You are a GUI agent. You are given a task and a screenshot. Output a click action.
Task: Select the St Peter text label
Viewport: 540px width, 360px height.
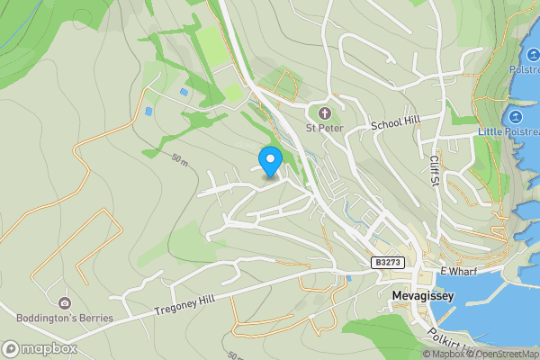tap(325, 128)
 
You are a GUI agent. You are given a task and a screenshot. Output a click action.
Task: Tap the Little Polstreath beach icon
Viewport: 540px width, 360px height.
tap(516, 118)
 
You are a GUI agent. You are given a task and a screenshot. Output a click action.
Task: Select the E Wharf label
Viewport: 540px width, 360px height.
tap(456, 271)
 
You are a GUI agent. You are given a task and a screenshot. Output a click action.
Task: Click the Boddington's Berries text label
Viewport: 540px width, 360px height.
tap(65, 318)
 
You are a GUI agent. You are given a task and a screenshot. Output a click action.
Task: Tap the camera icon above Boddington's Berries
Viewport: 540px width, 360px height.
tap(64, 303)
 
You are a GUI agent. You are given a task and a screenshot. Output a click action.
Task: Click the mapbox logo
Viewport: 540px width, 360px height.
tap(40, 348)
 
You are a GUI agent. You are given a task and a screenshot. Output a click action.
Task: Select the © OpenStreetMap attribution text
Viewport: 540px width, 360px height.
tap(503, 354)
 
